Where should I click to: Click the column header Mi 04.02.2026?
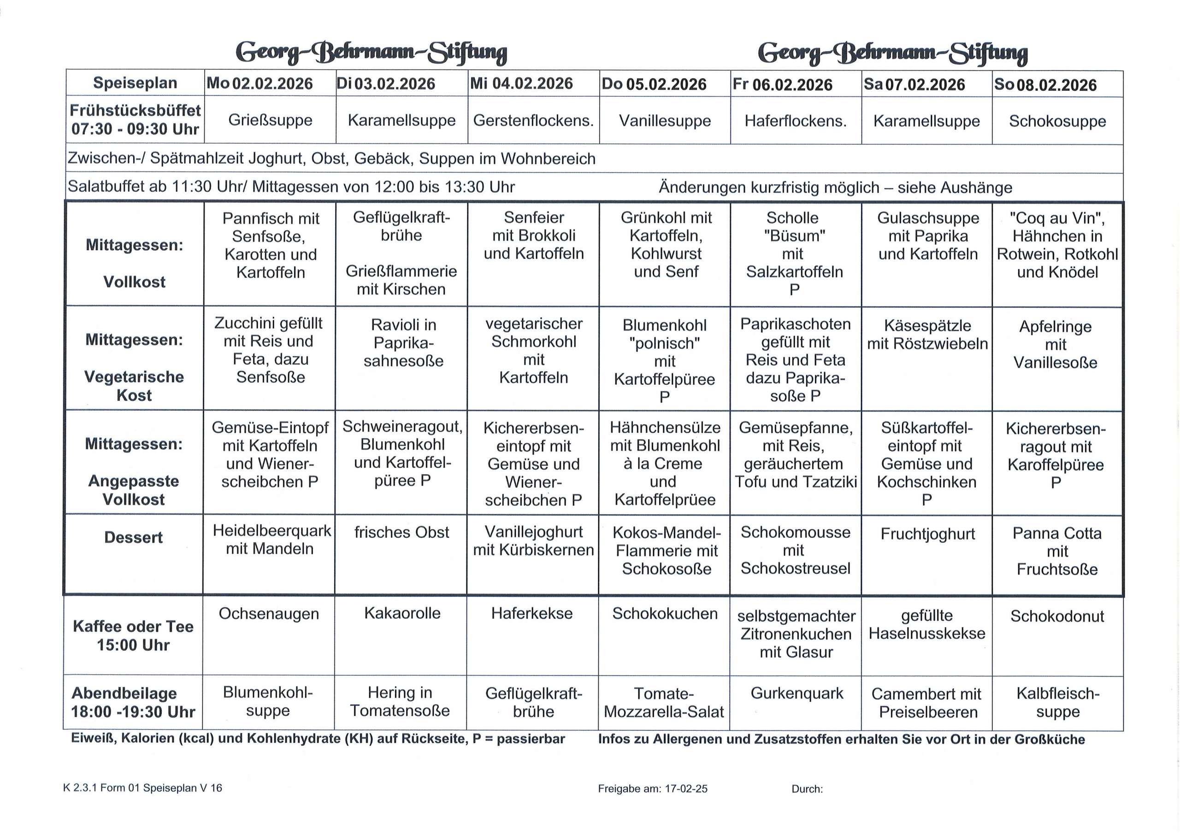(521, 83)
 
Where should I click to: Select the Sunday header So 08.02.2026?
(1045, 84)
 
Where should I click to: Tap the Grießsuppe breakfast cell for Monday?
(270, 120)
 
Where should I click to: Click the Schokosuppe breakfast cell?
(1057, 121)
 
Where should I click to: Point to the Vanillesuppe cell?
(665, 121)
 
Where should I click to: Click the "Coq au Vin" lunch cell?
(1057, 245)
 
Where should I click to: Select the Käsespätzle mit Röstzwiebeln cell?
(927, 335)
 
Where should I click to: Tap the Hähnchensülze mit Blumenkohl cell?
(665, 463)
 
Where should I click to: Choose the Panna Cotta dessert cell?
(1057, 551)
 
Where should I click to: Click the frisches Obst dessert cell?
(401, 532)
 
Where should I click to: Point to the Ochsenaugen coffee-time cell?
(269, 614)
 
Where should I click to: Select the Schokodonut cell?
(1057, 616)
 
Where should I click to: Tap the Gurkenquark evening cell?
(796, 693)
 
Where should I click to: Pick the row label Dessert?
(134, 538)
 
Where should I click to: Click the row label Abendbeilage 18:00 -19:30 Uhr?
(134, 703)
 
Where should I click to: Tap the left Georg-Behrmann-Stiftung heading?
(371, 53)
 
